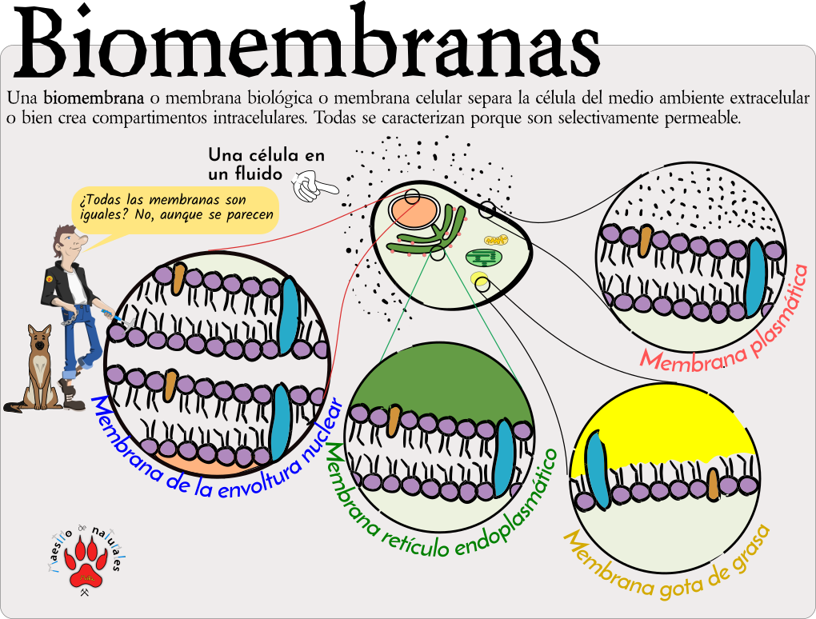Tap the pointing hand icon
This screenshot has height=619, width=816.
(x=314, y=189)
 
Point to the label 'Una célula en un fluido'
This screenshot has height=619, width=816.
(x=266, y=163)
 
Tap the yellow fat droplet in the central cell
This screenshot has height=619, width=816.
(x=480, y=281)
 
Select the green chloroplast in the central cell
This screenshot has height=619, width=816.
(x=482, y=258)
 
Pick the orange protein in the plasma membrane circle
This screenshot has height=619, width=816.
(x=645, y=241)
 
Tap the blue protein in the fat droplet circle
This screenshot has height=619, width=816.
(x=597, y=472)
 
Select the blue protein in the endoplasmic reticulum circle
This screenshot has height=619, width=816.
(x=504, y=457)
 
